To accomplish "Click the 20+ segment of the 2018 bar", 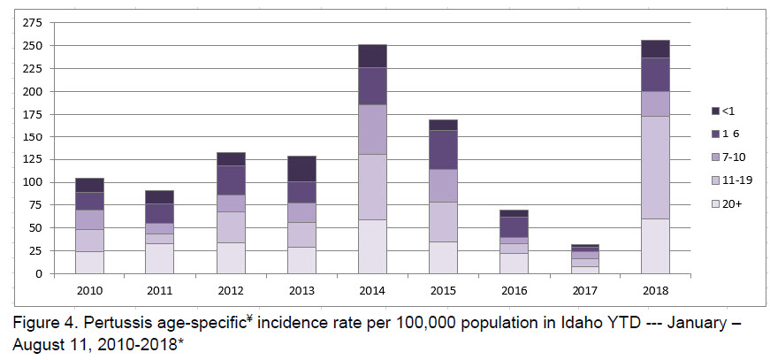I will pyautogui.click(x=655, y=246).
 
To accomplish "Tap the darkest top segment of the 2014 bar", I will pyautogui.click(x=372, y=56).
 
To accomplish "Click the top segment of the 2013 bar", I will pyautogui.click(x=301, y=168).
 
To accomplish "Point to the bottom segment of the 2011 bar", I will pyautogui.click(x=160, y=258).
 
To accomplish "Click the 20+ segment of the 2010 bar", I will pyautogui.click(x=89, y=262).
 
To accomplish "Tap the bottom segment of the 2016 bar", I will pyautogui.click(x=514, y=263).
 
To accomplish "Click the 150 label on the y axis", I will pyautogui.click(x=34, y=136).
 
